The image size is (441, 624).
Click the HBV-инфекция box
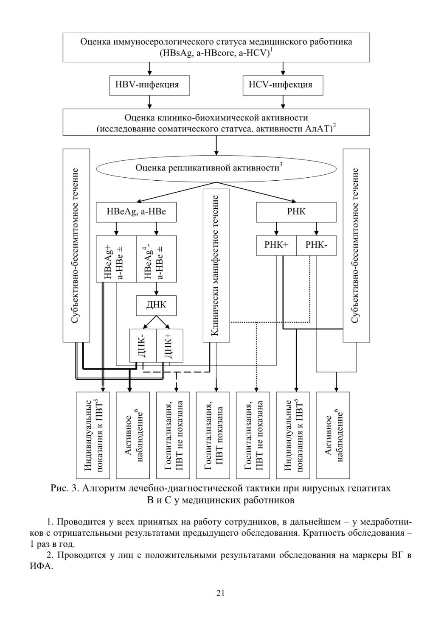coord(149,85)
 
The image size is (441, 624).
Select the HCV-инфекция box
coord(283,85)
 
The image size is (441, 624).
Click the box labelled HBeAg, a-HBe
coord(136,212)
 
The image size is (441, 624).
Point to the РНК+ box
coord(276,246)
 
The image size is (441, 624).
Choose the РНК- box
coord(316,246)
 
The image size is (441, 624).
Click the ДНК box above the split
coord(156,305)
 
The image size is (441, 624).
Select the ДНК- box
coord(143,345)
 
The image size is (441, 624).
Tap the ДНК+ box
coord(170,345)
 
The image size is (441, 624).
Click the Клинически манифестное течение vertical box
coord(216,266)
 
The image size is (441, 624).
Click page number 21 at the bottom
coord(220,593)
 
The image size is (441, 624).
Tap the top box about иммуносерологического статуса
coord(216,48)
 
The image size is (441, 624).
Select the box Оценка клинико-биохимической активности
coord(216,122)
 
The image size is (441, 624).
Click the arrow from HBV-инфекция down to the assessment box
coord(150,102)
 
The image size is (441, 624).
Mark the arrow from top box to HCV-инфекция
coord(283,69)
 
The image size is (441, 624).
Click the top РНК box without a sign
coord(296,212)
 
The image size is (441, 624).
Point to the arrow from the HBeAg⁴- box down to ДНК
coord(156,289)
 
